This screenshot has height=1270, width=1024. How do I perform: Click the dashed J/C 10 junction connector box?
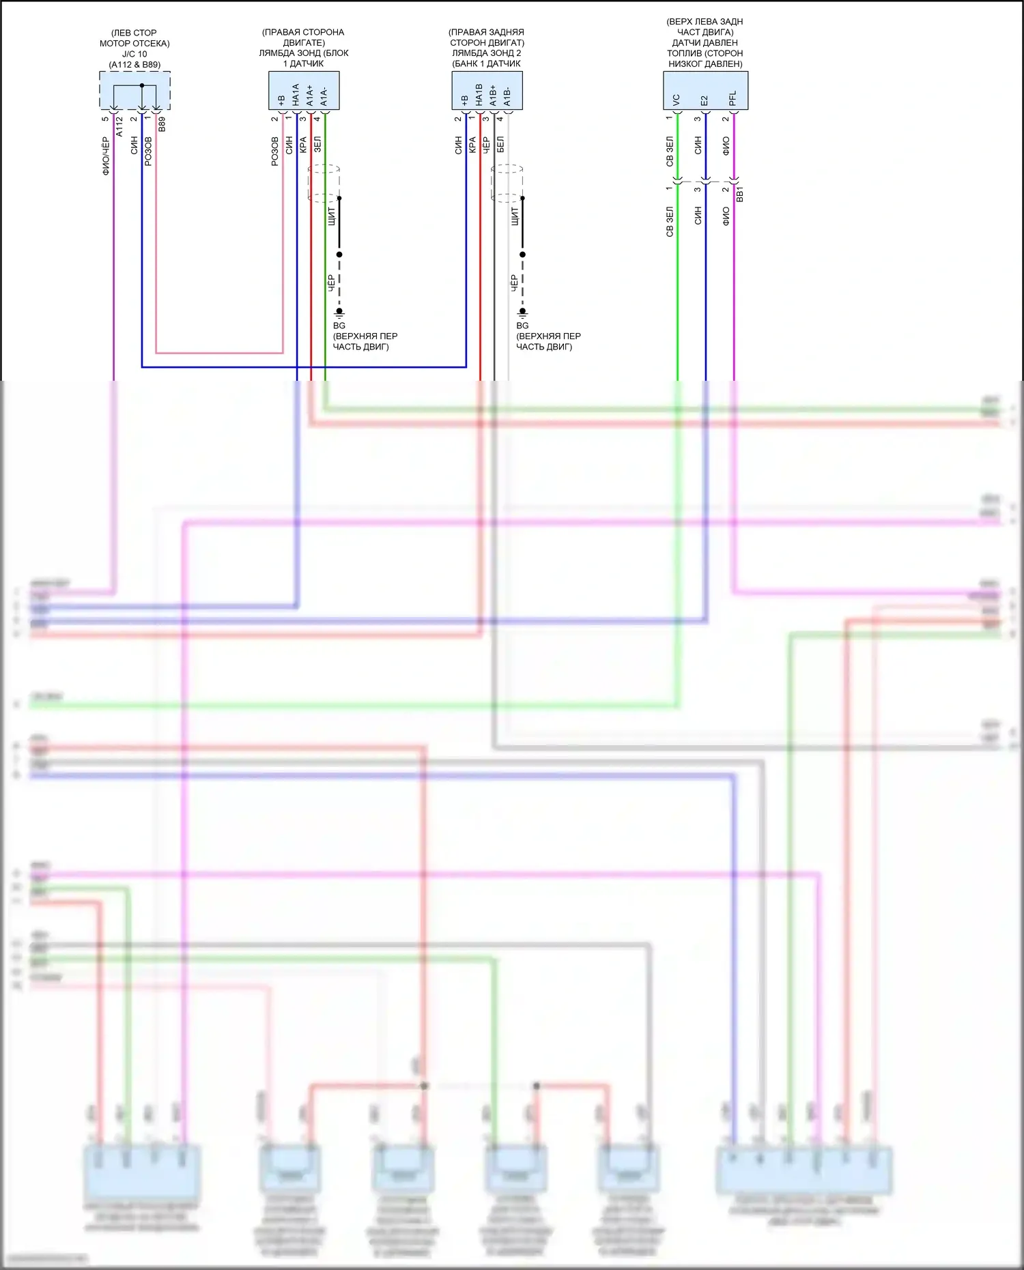pyautogui.click(x=134, y=90)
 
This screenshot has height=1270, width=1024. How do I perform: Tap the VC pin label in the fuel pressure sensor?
pyautogui.click(x=676, y=100)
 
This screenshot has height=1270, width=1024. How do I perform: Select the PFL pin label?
pyautogui.click(x=733, y=98)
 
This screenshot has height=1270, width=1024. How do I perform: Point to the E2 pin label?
pyautogui.click(x=704, y=100)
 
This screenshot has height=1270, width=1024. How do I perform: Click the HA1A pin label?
pyautogui.click(x=296, y=94)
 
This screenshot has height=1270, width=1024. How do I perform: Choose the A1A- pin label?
pyautogui.click(x=324, y=96)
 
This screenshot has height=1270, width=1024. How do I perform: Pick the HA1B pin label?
pyautogui.click(x=479, y=94)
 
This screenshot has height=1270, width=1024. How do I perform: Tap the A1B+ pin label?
pyautogui.click(x=493, y=95)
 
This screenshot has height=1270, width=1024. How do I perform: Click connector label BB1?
pyautogui.click(x=740, y=194)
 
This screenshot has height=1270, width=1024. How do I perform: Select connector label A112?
pyautogui.click(x=119, y=126)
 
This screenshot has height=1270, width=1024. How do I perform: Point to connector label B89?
pyautogui.click(x=162, y=124)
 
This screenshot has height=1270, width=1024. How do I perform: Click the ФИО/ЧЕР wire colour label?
pyautogui.click(x=106, y=156)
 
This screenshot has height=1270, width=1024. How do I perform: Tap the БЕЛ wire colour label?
pyautogui.click(x=500, y=145)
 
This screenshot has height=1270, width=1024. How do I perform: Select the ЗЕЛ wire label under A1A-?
pyautogui.click(x=317, y=145)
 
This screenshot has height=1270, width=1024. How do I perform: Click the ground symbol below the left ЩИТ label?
pyautogui.click(x=339, y=313)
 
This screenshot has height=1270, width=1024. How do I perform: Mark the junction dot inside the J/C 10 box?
pyautogui.click(x=142, y=85)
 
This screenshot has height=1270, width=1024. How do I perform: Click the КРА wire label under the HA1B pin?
pyautogui.click(x=472, y=145)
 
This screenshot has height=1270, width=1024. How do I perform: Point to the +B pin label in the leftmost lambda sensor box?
pyautogui.click(x=281, y=100)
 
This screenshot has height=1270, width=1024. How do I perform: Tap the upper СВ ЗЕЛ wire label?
pyautogui.click(x=670, y=151)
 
